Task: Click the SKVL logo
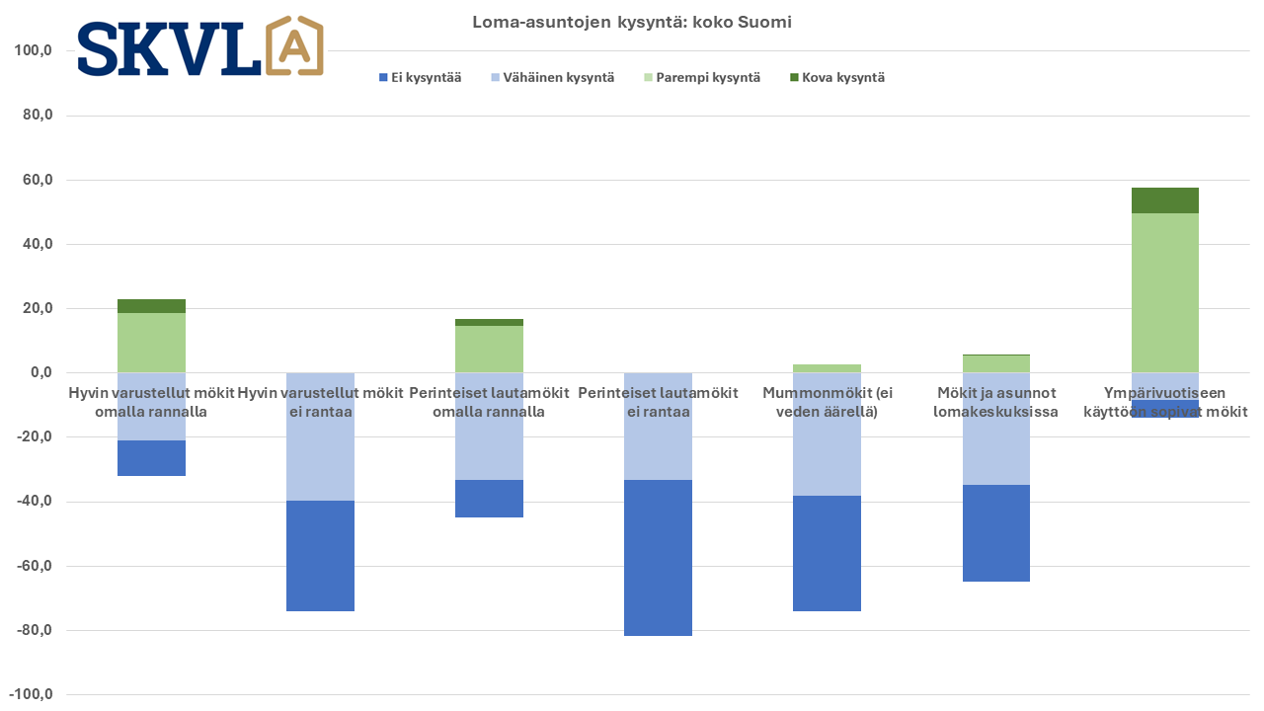click(199, 46)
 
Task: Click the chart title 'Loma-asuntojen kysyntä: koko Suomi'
click(632, 22)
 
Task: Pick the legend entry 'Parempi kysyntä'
click(702, 77)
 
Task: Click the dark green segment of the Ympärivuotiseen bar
click(1164, 200)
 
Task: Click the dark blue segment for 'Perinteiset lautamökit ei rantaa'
click(658, 558)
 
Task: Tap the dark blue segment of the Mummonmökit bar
click(827, 553)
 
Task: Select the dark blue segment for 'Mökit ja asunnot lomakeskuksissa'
click(995, 533)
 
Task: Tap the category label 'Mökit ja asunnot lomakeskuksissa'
click(995, 402)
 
